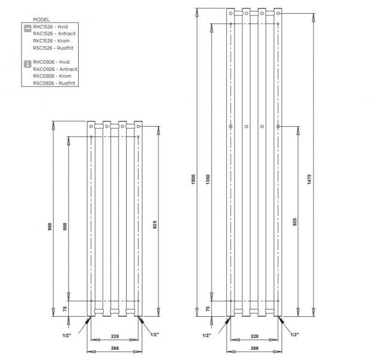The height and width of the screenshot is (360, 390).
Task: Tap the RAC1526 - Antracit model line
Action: click(55, 34)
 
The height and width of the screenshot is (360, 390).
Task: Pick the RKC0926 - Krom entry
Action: click(52, 76)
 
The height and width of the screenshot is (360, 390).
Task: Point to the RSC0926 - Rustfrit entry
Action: click(55, 83)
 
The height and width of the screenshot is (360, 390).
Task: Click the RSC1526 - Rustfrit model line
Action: click(55, 48)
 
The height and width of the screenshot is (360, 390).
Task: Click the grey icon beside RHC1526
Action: click(26, 28)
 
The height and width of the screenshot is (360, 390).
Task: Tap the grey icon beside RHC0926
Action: click(26, 62)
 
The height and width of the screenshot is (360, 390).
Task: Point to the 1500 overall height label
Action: click(193, 179)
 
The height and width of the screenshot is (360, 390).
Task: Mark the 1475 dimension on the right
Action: click(308, 179)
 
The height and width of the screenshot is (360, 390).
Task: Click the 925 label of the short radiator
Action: click(155, 225)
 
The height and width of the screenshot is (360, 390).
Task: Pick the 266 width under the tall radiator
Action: click(254, 347)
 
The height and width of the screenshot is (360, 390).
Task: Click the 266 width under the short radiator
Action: click(114, 347)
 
